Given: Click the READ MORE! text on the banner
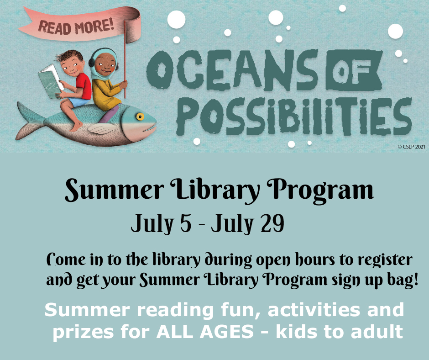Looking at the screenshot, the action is pos(76,27).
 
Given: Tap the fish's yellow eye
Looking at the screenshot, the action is pos(140,116).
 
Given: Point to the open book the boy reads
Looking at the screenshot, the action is pos(51,81).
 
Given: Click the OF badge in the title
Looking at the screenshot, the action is pos(354,70).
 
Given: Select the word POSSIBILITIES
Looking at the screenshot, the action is pos(294,117).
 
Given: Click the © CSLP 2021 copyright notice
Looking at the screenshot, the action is pos(412,147).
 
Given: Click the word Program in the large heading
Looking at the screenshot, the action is pos(320,190).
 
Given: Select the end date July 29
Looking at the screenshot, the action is pos(248,223).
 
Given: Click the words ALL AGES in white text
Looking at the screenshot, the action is pos(205,332).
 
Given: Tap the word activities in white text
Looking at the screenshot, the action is pos(314,310).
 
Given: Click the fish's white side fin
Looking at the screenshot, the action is pos(102,128).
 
